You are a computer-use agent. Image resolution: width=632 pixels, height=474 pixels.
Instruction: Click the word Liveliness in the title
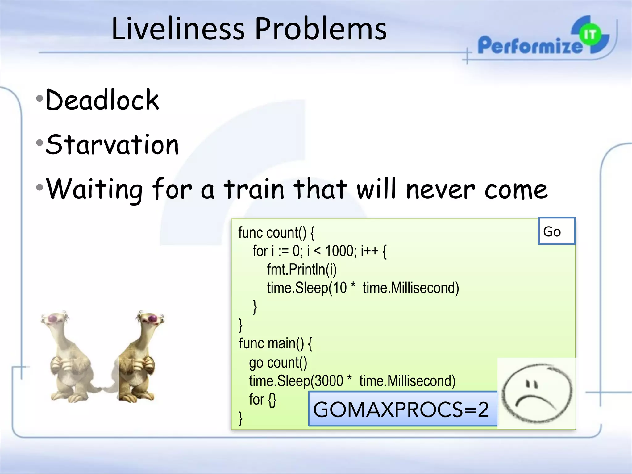coord(178,29)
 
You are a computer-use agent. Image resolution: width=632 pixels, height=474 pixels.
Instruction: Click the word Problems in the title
coord(321,29)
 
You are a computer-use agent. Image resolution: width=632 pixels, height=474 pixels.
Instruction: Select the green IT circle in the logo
coord(590,35)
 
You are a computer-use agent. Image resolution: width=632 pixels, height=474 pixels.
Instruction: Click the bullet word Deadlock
coord(102,100)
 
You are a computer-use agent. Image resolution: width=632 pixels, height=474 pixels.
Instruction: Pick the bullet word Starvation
coord(112,144)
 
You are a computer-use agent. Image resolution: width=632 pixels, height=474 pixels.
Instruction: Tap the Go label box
coord(556,231)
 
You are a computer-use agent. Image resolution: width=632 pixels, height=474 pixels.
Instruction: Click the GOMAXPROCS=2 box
coord(402,409)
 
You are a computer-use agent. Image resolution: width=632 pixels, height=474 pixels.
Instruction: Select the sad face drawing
coord(536,393)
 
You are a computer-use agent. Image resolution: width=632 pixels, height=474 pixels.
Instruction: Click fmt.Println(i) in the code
coord(301,269)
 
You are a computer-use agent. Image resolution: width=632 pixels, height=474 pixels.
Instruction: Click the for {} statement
coord(262,400)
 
